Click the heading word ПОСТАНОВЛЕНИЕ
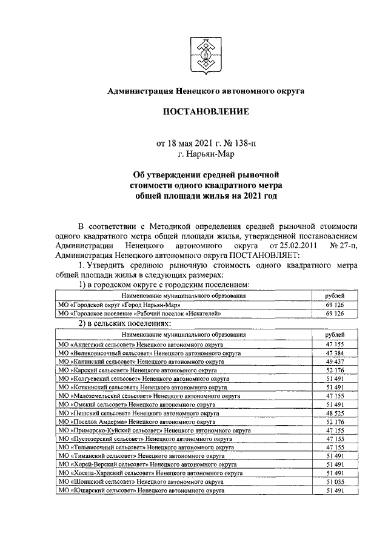(x=206, y=112)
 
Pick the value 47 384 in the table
(x=335, y=352)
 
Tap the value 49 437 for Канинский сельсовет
(x=335, y=361)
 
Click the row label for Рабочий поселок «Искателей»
(x=139, y=314)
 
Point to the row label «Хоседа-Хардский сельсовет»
(x=147, y=472)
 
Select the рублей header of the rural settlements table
(x=335, y=334)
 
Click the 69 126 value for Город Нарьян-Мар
(x=335, y=305)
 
